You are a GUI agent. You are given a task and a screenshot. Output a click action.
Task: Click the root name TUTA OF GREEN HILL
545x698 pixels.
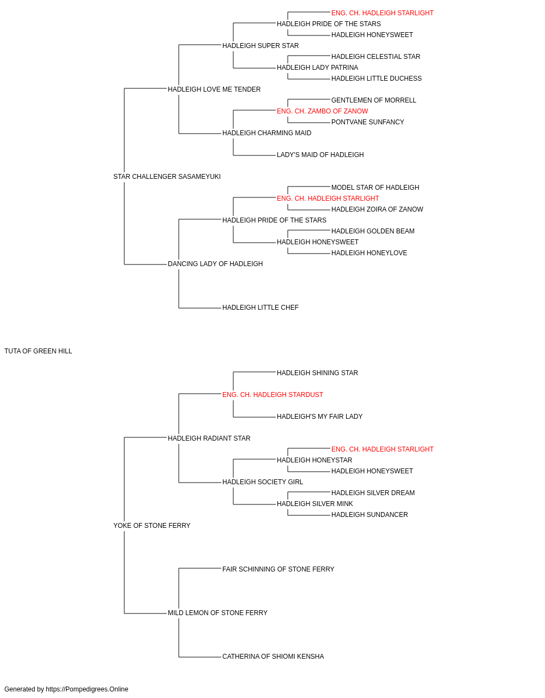pos(38,351)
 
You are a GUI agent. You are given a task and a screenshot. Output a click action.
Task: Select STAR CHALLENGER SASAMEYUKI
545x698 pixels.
pos(167,177)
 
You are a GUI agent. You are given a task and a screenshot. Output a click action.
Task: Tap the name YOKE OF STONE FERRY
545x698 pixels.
pos(152,526)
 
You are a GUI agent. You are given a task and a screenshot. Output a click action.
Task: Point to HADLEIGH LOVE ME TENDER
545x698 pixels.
pos(214,89)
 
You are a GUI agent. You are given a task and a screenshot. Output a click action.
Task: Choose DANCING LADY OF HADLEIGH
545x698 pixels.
pos(215,264)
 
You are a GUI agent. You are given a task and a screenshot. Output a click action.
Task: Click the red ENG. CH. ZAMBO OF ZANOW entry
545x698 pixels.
pos(322,111)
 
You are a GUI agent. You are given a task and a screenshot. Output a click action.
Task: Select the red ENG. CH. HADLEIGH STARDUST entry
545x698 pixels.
pos(272,395)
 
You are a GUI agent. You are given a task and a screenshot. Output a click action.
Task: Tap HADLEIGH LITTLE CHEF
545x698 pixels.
pos(261,308)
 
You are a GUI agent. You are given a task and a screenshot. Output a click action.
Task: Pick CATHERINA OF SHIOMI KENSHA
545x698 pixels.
pos(273,657)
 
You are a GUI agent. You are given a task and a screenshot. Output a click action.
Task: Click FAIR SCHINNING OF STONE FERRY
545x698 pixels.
pos(278,569)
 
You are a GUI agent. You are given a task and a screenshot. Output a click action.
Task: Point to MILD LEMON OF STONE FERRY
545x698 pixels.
pos(217,613)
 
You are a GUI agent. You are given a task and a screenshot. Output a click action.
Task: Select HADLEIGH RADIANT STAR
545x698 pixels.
pos(209,438)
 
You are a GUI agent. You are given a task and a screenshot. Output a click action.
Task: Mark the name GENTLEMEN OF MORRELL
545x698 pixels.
pos(374,100)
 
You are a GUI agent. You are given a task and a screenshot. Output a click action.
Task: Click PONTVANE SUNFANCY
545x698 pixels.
pos(367,122)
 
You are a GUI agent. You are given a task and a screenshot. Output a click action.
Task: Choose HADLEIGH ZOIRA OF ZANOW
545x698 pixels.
pos(377,209)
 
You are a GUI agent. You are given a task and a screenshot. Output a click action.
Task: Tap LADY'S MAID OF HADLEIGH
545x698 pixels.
pos(320,155)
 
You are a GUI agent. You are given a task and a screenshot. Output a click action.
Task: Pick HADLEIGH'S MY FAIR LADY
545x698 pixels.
pos(320,417)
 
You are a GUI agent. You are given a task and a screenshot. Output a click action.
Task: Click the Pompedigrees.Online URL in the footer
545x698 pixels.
pos(87,689)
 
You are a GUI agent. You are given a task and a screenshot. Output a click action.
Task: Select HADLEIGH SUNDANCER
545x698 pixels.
pos(370,515)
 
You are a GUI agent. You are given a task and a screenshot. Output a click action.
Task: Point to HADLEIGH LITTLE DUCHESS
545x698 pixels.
pos(377,79)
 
